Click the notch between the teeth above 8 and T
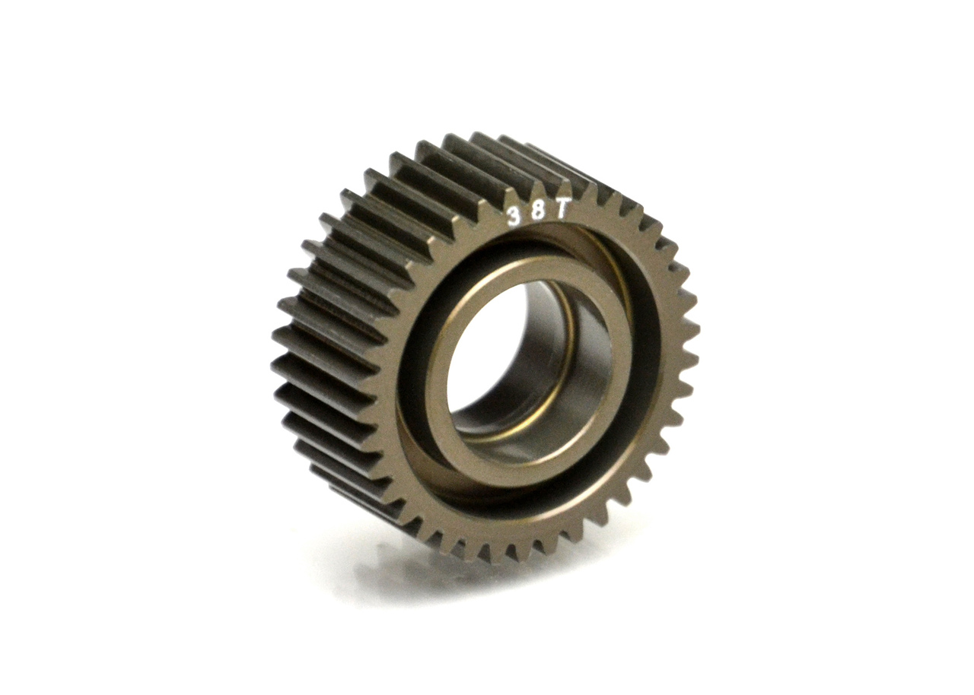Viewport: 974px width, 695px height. click(552, 196)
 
